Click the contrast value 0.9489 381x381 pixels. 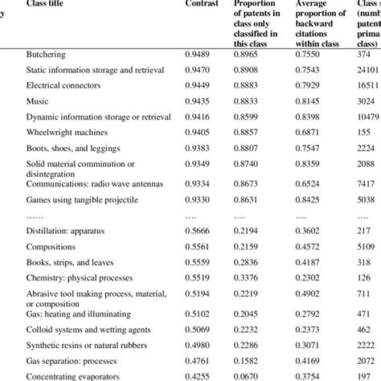click(201, 54)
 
